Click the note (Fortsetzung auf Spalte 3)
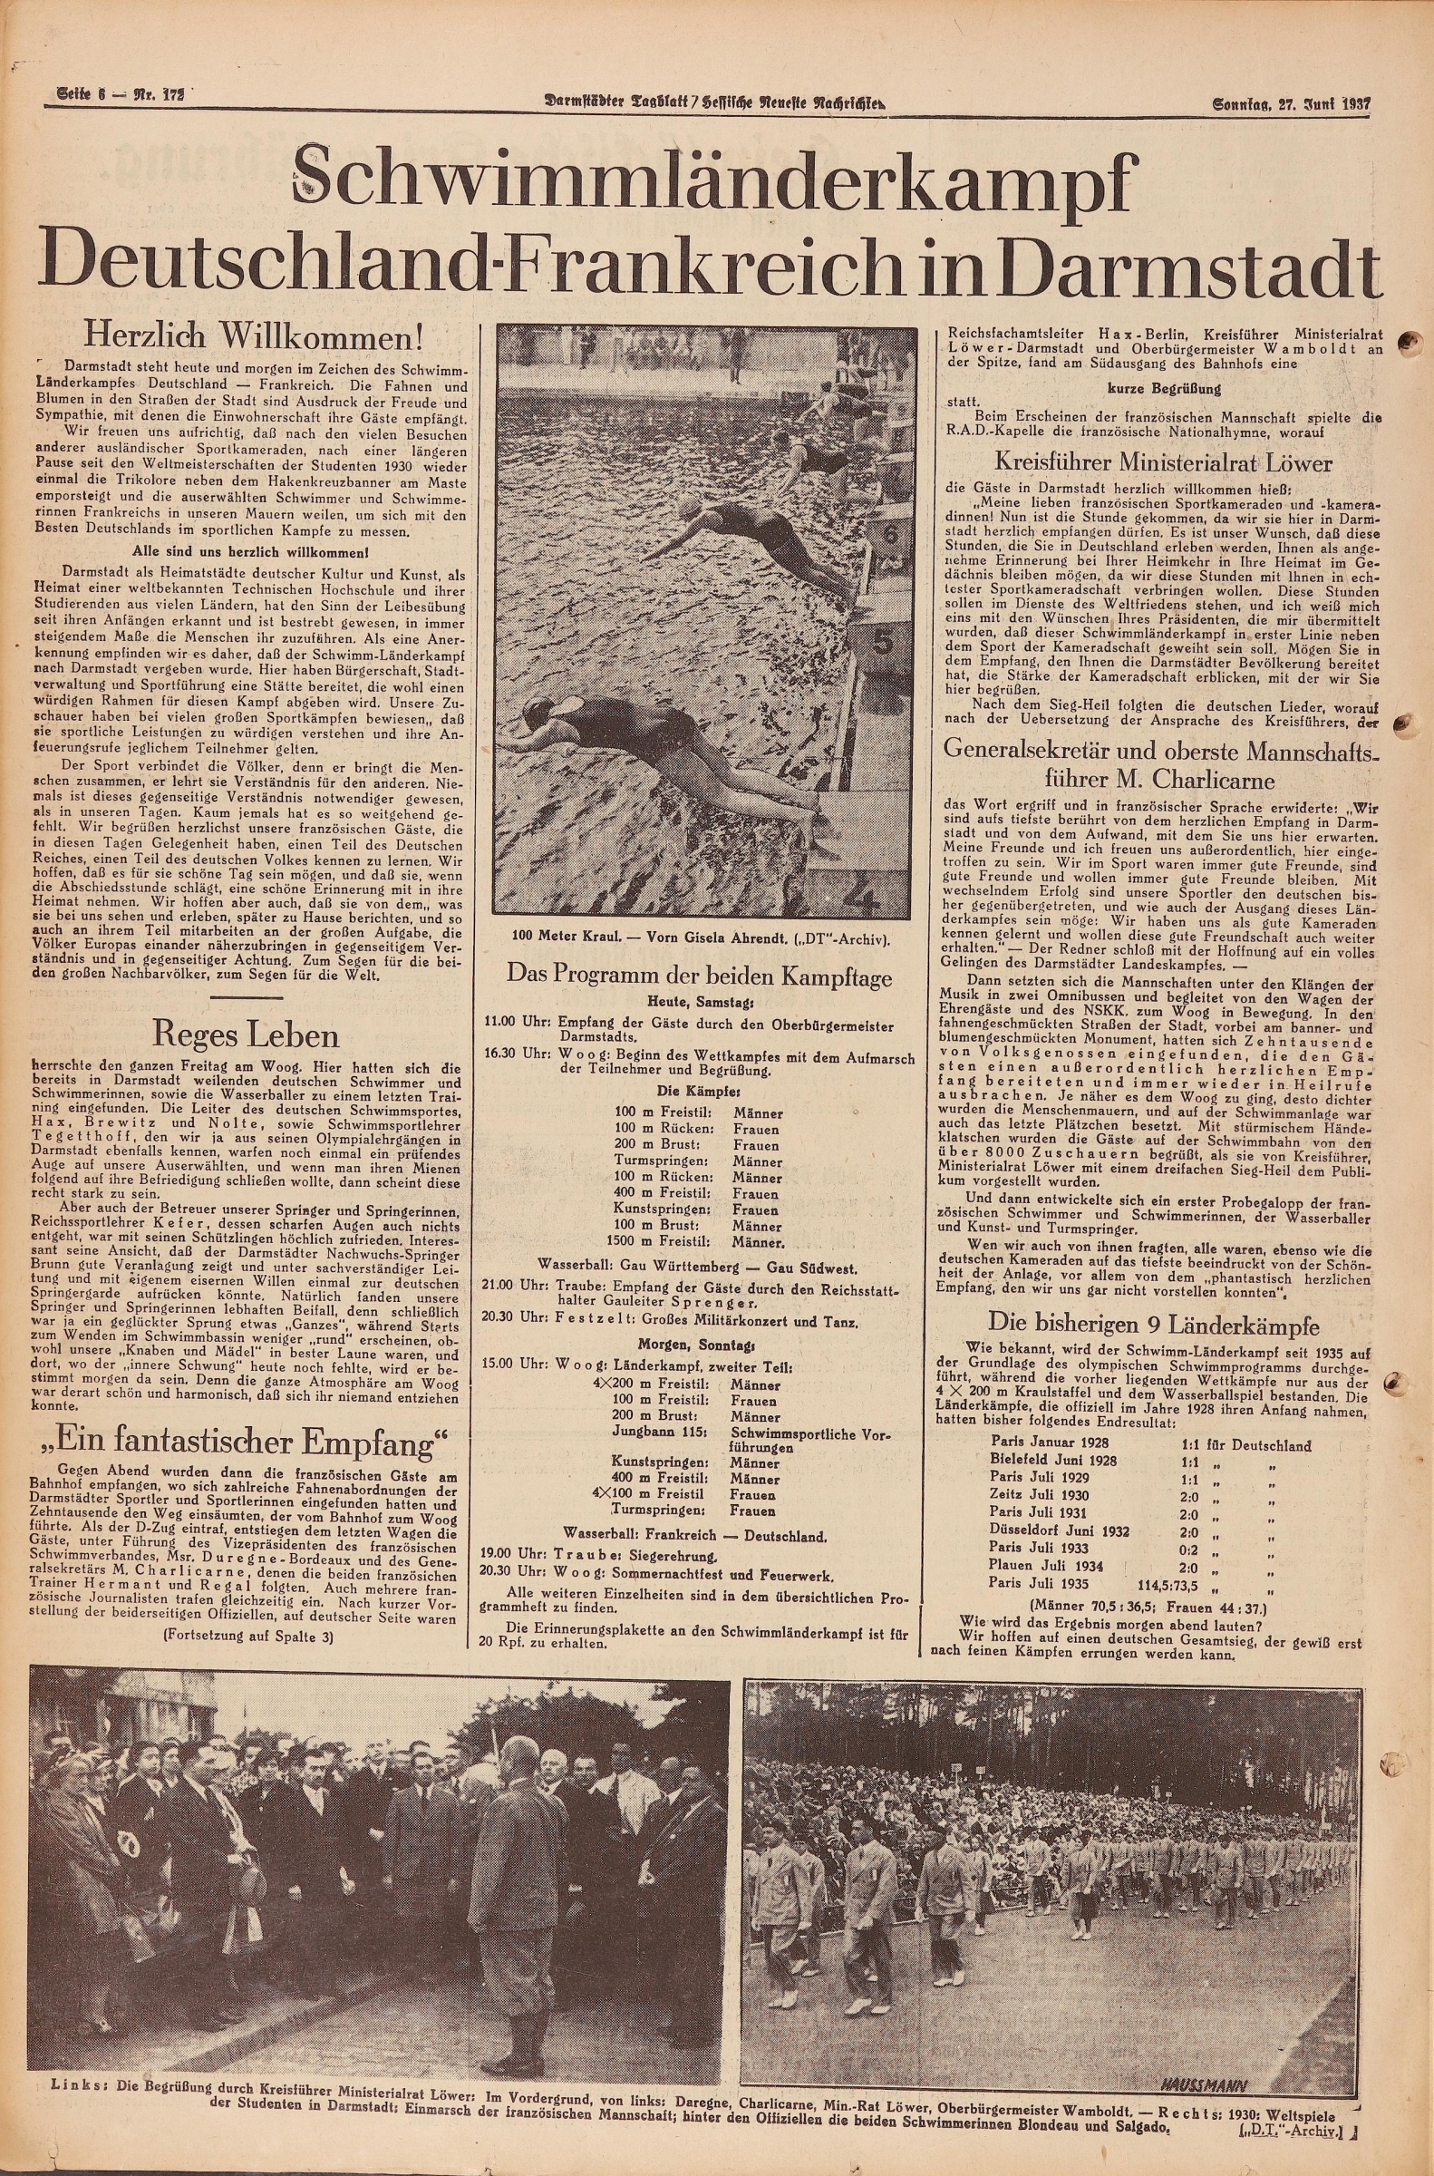(247, 1636)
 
